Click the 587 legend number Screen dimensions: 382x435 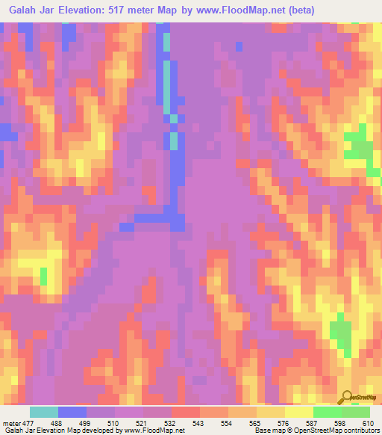coord(320,422)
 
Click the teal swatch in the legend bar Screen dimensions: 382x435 coord(44,412)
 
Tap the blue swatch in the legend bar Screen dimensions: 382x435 coord(72,412)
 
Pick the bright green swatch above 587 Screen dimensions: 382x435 coord(328,412)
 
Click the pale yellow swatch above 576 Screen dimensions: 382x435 coord(299,412)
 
